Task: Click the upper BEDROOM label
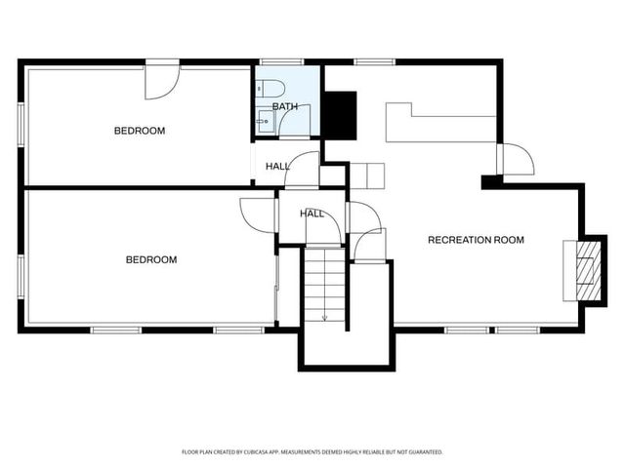coord(140,131)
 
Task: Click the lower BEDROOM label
coord(151,259)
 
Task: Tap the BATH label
coord(285,106)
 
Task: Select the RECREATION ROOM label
coord(476,240)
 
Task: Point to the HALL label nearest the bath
coord(277,167)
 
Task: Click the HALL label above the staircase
coord(312,214)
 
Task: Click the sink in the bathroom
coord(264,120)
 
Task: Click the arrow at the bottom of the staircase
coord(324,314)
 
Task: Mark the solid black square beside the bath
coord(340,113)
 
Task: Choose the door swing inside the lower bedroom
coord(257,213)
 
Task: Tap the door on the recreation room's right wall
coord(514,159)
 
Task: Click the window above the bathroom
coord(287,62)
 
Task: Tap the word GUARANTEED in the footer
coord(421,452)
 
